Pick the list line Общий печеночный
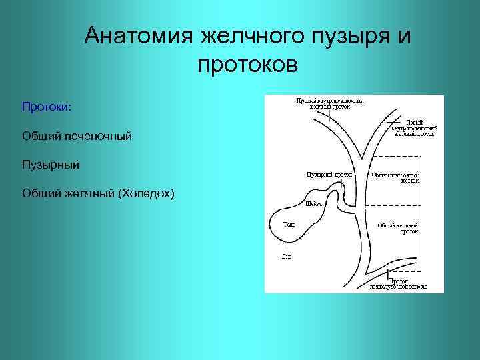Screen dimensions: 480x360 coord(77,136)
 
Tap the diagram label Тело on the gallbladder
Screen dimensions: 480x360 coord(289,225)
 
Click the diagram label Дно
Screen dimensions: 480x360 coord(286,255)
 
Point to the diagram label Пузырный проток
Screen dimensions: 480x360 coord(329,174)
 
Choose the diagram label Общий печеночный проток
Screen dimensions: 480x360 coord(396,177)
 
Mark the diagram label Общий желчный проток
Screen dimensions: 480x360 coord(398,229)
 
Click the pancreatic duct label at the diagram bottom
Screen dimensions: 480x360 coord(399,285)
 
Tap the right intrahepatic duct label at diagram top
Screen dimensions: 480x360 coord(330,103)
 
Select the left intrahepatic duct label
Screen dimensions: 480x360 coord(413,127)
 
